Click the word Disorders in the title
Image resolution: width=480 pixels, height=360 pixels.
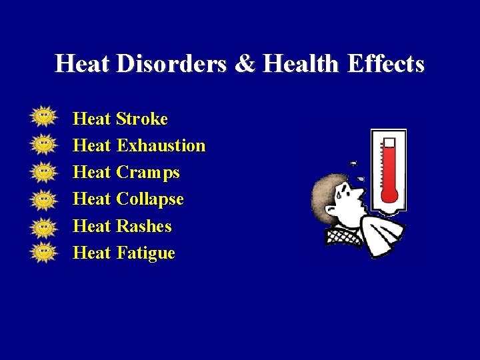tap(173, 64)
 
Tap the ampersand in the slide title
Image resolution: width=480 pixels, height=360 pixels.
tap(246, 64)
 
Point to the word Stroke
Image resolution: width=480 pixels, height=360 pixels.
tap(141, 119)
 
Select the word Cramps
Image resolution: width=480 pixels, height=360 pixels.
tap(147, 173)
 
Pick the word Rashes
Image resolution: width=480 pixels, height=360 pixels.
tap(143, 227)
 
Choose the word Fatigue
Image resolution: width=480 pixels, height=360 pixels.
tap(145, 253)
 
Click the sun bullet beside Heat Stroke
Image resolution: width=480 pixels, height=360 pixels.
tap(43, 117)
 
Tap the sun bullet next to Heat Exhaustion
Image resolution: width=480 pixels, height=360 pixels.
tap(43, 143)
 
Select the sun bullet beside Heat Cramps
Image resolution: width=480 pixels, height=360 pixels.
tap(43, 171)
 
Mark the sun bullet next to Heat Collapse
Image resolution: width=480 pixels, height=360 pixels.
tap(43, 198)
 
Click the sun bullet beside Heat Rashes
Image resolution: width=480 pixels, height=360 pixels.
tap(43, 225)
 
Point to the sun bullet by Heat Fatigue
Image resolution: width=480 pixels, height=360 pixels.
tap(43, 251)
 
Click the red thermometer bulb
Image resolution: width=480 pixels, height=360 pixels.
tap(388, 194)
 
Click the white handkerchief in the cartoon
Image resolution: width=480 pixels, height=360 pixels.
tap(383, 230)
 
